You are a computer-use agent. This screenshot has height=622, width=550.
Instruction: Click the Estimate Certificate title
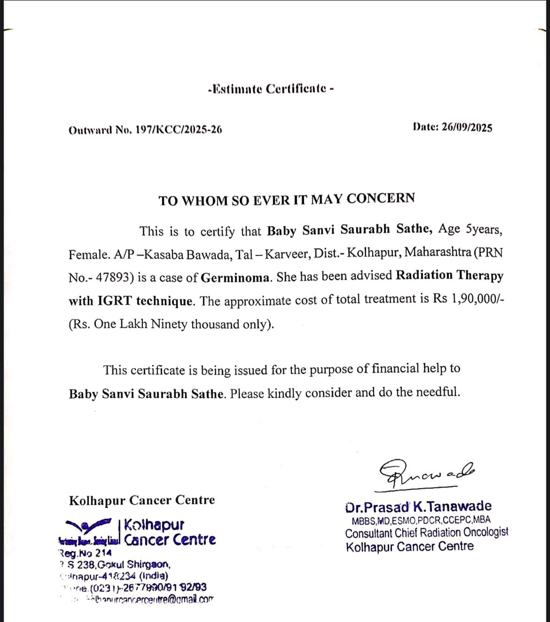[271, 88]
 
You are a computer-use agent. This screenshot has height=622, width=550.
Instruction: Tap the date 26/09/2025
[467, 127]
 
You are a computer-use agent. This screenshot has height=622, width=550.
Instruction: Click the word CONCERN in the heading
[381, 198]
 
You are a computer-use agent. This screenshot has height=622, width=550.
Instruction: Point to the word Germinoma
[236, 277]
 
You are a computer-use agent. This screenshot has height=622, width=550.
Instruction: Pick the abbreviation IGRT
[115, 301]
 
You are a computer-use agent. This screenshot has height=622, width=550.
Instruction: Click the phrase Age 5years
[470, 229]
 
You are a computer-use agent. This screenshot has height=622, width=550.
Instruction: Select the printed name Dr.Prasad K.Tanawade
[418, 507]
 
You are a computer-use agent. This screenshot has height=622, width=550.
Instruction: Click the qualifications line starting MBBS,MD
[421, 520]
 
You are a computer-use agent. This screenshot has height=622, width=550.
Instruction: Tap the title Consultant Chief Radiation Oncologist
[426, 533]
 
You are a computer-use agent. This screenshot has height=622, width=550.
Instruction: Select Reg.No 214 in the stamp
[85, 553]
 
